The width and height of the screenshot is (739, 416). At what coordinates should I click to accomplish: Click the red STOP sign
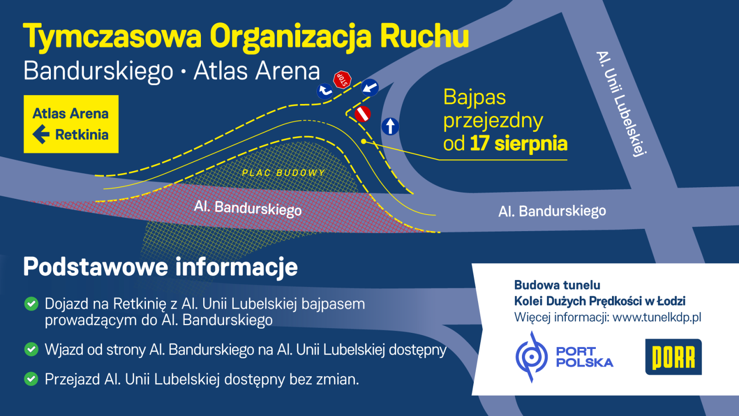tap(342, 80)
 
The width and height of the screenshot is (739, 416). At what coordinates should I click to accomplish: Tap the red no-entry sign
tap(363, 114)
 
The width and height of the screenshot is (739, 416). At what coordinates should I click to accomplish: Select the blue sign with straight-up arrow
tap(390, 127)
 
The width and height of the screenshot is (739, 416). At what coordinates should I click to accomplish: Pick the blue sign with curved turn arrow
tap(325, 91)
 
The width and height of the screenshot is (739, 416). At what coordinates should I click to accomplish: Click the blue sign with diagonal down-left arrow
tap(369, 87)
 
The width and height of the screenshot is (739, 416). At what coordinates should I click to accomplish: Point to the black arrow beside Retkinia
tap(41, 135)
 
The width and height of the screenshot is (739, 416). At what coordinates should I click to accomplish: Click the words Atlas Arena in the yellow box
tap(71, 113)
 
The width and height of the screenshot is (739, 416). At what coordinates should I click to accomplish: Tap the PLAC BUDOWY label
tap(284, 173)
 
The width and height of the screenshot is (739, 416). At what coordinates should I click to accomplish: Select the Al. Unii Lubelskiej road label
tap(621, 104)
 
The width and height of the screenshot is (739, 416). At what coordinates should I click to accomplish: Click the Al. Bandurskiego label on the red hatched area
tap(248, 208)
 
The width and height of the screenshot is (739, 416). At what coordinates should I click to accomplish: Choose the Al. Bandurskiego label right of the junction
tap(552, 211)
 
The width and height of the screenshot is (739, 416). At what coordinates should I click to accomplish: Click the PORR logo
tap(673, 357)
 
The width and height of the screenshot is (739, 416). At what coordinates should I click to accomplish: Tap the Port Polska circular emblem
tap(532, 357)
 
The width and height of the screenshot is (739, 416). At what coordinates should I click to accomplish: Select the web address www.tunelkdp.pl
tap(656, 318)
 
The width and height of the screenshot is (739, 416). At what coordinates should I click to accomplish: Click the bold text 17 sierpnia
tap(519, 144)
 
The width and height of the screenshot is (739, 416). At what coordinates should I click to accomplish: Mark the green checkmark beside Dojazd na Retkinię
tap(31, 304)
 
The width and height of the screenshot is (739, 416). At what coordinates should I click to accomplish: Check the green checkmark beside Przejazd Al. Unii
tap(31, 379)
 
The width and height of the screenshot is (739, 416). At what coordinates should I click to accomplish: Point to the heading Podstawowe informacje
tap(160, 267)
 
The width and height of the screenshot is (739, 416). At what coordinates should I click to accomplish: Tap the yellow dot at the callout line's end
tap(363, 141)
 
